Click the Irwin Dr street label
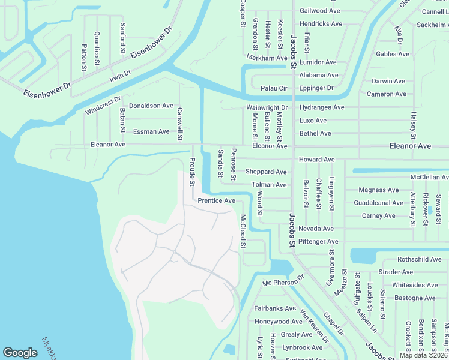[119, 77]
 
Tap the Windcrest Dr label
[103, 106]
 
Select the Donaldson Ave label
[151, 106]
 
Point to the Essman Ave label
[151, 131]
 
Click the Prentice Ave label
[216, 200]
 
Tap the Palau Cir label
[274, 88]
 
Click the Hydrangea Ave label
[322, 107]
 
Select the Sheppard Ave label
[266, 172]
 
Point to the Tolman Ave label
[269, 185]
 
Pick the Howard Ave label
[316, 160]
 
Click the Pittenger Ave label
[319, 242]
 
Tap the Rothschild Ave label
[419, 259]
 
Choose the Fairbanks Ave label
[275, 308]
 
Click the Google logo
[20, 353]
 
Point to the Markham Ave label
[266, 58]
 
